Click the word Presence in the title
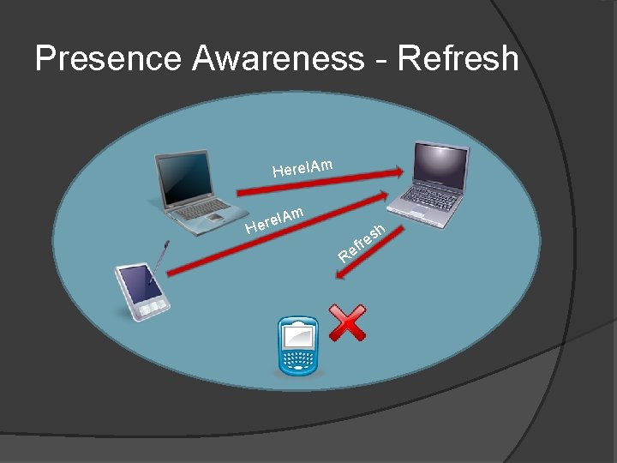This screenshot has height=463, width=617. point(108,59)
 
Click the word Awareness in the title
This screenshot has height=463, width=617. point(278,59)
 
